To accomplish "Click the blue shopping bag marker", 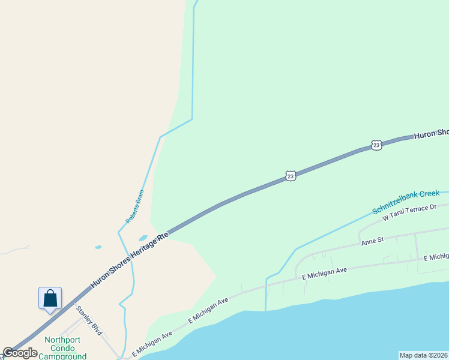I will pos(50,298).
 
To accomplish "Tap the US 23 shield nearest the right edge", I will pos(376,145).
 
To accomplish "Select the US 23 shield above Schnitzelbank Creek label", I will pos(291,176).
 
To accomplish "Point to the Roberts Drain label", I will pos(135,207).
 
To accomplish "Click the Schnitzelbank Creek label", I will pos(406,202).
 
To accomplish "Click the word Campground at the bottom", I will pos(62,356).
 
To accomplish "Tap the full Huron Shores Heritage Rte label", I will pos(130,259).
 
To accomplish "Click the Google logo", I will pos(20,353).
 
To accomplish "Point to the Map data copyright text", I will pos(424,355).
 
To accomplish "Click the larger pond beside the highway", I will pos(143,238).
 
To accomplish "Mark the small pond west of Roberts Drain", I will pos(98,247).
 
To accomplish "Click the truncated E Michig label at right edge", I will pos(436,257).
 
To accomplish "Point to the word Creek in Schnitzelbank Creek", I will pos(429,194).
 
